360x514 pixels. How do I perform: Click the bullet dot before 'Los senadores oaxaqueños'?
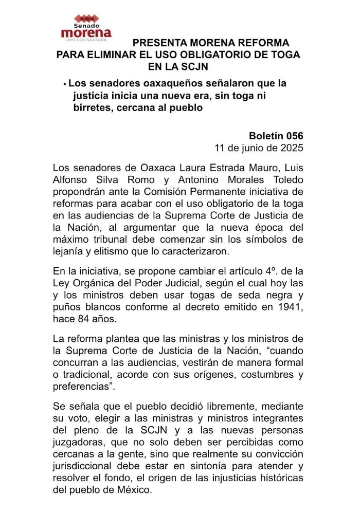coord(65,83)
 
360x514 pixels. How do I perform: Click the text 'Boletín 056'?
coord(276,136)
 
